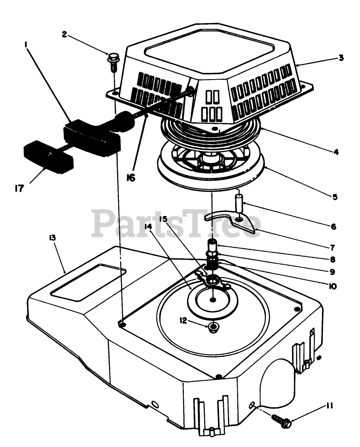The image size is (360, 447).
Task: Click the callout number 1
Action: [27, 44]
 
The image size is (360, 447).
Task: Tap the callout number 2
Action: [64, 34]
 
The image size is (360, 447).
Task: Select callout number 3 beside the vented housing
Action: [341, 58]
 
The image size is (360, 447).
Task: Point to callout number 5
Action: [335, 197]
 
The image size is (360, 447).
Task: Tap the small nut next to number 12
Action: [212, 327]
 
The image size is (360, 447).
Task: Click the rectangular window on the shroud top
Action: [88, 280]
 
